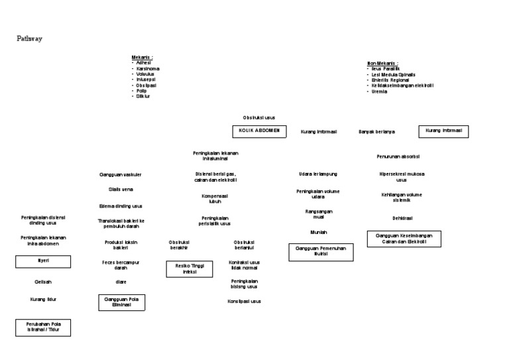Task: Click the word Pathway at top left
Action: pos(30,39)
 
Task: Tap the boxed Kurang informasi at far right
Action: pos(443,131)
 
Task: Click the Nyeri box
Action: pos(43,261)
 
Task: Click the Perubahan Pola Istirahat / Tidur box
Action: pos(43,327)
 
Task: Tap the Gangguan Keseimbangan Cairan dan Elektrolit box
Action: pos(404,239)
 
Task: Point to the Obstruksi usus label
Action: pos(258,117)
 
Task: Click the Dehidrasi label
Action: pos(402,217)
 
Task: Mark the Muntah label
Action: pos(318,233)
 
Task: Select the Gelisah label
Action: pos(43,282)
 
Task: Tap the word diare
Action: pos(121,282)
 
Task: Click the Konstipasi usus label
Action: pos(244,301)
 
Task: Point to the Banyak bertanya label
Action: pos(376,131)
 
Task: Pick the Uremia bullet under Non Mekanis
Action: pos(380,91)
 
